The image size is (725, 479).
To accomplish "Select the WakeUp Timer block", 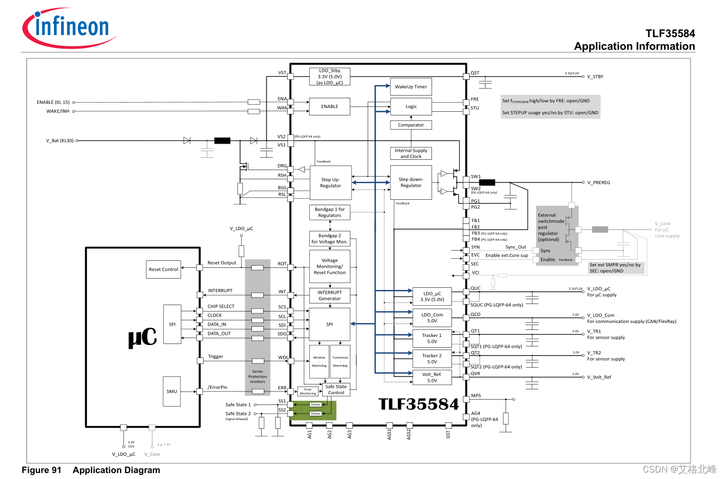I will [x=411, y=86].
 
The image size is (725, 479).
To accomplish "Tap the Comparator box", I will [x=411, y=125].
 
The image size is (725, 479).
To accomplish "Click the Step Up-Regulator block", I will [x=330, y=183].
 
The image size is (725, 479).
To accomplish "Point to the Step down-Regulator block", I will [x=411, y=183].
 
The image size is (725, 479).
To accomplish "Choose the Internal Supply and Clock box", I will [x=411, y=153].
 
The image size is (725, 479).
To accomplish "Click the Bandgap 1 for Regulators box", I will [x=330, y=212].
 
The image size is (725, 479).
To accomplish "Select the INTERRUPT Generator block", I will [x=330, y=295].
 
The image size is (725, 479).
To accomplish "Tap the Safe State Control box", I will [x=336, y=389].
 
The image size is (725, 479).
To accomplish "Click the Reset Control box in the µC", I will [x=163, y=269].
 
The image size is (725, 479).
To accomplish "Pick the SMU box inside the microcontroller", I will [x=172, y=392].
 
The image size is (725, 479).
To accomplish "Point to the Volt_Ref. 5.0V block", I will [x=432, y=377].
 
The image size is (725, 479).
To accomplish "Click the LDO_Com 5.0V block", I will [x=432, y=318].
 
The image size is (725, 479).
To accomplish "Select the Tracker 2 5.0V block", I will [x=432, y=359].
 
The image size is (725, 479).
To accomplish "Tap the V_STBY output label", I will [x=595, y=77].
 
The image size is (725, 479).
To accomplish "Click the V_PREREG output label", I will [x=598, y=183].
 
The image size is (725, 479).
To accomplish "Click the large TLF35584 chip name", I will [x=418, y=404].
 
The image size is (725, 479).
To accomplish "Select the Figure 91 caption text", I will [x=91, y=470].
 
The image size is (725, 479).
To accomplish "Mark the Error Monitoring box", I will [x=308, y=391].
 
